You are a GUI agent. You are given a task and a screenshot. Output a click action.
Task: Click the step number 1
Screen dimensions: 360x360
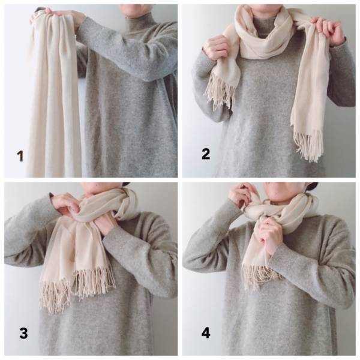tap(20, 156)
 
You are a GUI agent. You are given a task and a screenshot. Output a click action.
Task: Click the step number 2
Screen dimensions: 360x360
tap(206, 154)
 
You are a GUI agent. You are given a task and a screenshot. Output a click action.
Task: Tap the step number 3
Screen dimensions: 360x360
tap(23, 333)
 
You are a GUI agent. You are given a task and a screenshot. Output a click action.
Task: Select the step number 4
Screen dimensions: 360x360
tap(206, 333)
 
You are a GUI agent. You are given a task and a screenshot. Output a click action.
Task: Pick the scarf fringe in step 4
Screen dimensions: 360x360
tap(262, 275)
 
